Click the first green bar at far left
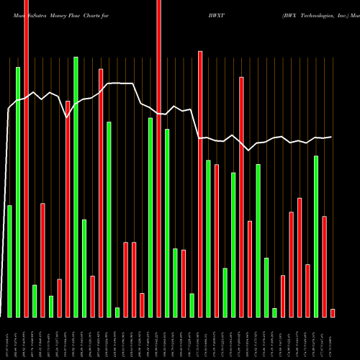click(x=9, y=261)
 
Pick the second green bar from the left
click(x=18, y=192)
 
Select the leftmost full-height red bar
click(x=26, y=158)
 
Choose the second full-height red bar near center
click(x=158, y=158)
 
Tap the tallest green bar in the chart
click(x=76, y=186)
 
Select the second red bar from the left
click(x=42, y=260)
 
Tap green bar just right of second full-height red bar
click(x=167, y=222)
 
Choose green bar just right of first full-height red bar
click(x=35, y=300)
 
